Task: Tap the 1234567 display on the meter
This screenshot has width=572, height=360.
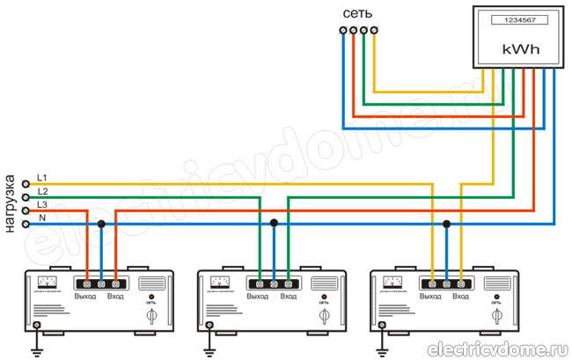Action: pos(513,20)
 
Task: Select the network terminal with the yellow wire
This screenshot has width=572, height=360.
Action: pos(374,32)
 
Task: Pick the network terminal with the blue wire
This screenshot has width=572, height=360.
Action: pos(342,32)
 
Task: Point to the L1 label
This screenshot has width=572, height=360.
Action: pos(42,178)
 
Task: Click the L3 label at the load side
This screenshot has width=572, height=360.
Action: pos(42,203)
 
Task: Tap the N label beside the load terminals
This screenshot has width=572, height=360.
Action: pos(42,217)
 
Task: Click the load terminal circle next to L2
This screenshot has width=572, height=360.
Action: pos(26,198)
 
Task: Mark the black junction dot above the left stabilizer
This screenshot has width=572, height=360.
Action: pos(101,224)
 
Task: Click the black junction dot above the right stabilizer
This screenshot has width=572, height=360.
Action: pos(446,224)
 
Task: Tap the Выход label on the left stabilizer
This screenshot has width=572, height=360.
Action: pos(86,296)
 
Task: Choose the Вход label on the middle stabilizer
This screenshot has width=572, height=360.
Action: pos(288,296)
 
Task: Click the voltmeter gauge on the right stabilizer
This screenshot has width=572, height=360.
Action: pos(392,282)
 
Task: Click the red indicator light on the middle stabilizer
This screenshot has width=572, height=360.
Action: pos(324,297)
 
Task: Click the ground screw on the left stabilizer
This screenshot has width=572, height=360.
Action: pos(36,326)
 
